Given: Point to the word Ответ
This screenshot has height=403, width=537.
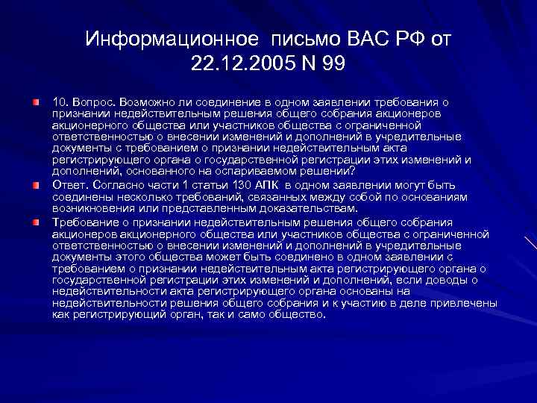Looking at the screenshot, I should (x=69, y=185).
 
